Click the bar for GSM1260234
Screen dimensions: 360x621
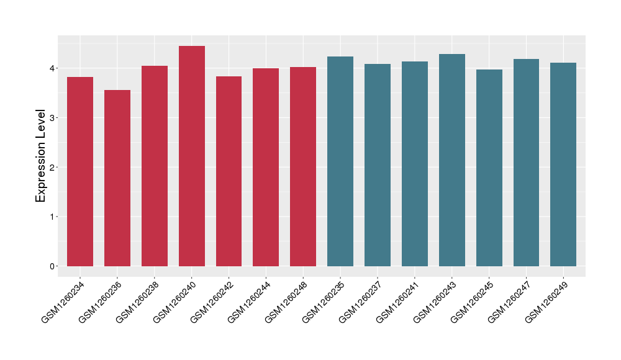click(80, 171)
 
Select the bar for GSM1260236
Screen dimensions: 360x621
click(117, 178)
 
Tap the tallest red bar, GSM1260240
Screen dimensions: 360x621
click(192, 156)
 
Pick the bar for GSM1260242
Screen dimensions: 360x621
click(229, 171)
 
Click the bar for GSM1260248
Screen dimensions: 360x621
click(303, 166)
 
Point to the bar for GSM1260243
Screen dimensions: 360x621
click(452, 160)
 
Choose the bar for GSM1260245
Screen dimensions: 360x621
click(489, 168)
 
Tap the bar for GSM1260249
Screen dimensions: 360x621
click(563, 164)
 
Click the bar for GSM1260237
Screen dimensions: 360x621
click(378, 165)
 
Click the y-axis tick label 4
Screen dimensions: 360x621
click(53, 68)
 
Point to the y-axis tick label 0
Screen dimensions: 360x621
click(53, 266)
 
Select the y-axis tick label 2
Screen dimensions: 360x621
click(53, 167)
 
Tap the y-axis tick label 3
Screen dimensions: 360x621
click(53, 117)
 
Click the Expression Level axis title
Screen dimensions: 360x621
click(41, 156)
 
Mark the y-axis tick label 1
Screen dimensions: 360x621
click(53, 217)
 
